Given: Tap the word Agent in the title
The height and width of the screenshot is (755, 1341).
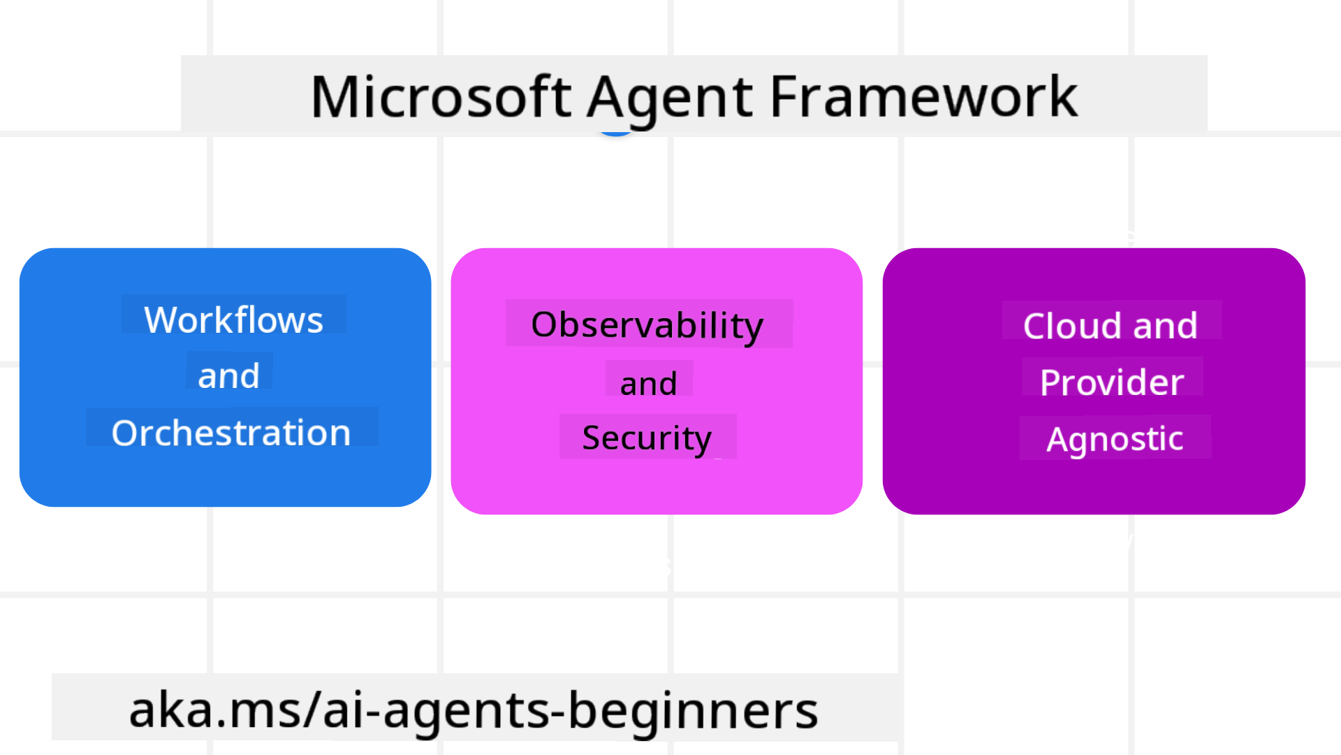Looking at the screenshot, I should [670, 98].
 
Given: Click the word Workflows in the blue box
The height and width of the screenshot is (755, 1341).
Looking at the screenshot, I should [233, 320].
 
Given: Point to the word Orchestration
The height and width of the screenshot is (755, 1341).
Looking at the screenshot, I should [231, 433].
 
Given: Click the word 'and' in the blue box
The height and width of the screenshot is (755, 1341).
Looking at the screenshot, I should [228, 376].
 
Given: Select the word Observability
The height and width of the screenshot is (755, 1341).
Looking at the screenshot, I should [647, 325].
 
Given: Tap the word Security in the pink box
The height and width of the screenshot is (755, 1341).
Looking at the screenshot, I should [647, 438].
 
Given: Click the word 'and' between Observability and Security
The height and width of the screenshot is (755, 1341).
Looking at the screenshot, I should [648, 384].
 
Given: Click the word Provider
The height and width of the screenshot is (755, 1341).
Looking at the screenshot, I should [1112, 382].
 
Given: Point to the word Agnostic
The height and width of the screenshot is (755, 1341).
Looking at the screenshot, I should [1115, 439].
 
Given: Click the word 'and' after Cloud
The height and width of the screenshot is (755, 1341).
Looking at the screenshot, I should [1165, 326].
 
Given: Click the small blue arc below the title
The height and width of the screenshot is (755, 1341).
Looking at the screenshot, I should [616, 132].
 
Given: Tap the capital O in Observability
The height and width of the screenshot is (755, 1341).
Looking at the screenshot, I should [545, 325].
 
